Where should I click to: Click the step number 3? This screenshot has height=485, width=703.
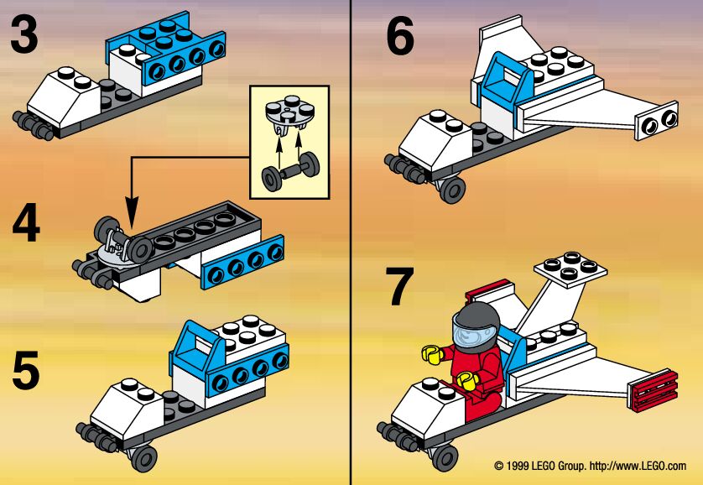[x=23, y=37]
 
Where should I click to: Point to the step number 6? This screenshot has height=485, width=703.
[x=400, y=37]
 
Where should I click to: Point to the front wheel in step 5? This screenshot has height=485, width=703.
[x=143, y=457]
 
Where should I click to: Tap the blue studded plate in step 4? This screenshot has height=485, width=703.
[x=239, y=264]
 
